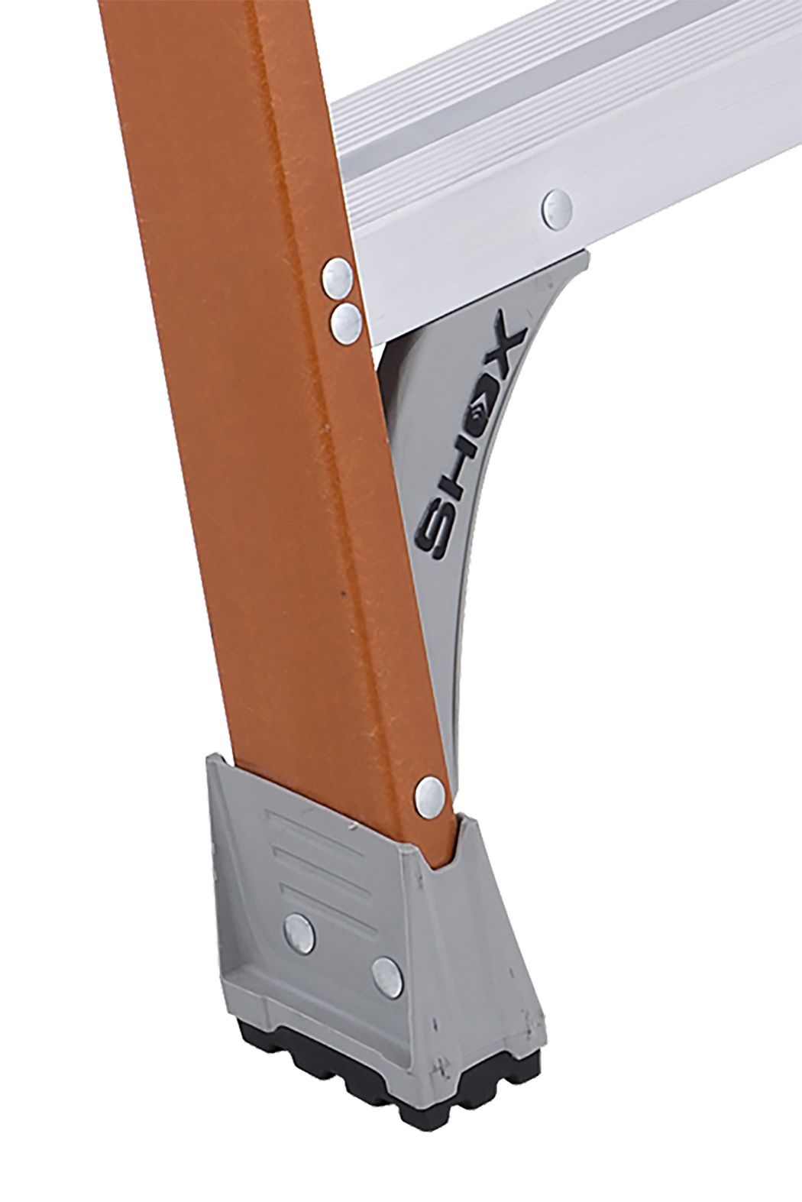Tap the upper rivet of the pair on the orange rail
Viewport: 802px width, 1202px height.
tap(336, 277)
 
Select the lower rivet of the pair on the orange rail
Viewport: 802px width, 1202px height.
tap(345, 322)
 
